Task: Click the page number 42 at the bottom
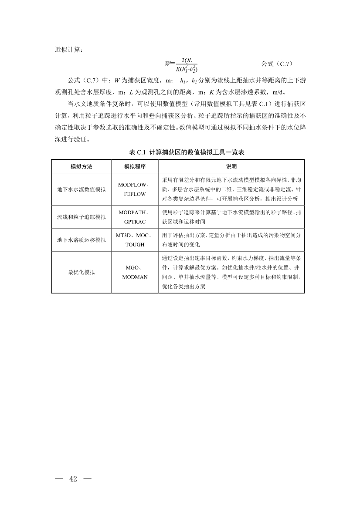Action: point(73,479)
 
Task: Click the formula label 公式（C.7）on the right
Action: point(276,64)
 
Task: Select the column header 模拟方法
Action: point(82,167)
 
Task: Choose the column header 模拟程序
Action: point(135,167)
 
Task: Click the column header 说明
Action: point(231,167)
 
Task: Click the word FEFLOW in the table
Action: point(135,194)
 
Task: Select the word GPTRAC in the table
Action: point(135,222)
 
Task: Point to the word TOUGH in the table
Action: point(135,245)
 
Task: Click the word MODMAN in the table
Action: point(135,277)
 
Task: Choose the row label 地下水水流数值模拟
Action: point(82,189)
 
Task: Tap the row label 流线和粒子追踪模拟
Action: point(82,217)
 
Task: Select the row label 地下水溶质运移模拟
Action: point(82,240)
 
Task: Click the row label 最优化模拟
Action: point(82,272)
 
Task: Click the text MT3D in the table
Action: point(123,235)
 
